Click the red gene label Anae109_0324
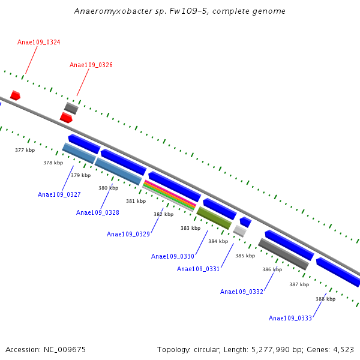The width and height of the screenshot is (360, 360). pyautogui.click(x=39, y=43)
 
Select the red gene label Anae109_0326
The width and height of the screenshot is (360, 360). pyautogui.click(x=91, y=65)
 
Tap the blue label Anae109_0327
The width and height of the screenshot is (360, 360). pyautogui.click(x=59, y=195)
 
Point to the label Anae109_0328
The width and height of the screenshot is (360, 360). pyautogui.click(x=98, y=213)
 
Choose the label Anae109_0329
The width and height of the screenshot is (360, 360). pyautogui.click(x=128, y=235)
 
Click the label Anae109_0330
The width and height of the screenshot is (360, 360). pyautogui.click(x=173, y=257)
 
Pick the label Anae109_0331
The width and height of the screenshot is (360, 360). pyautogui.click(x=199, y=269)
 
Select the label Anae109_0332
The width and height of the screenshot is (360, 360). pyautogui.click(x=242, y=292)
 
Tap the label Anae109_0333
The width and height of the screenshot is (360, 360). pyautogui.click(x=290, y=319)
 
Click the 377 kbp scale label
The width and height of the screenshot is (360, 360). pyautogui.click(x=25, y=151)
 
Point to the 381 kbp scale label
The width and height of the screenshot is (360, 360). pyautogui.click(x=136, y=202)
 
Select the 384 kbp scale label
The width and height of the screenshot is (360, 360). pyautogui.click(x=218, y=242)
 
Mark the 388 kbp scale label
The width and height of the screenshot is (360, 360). pyautogui.click(x=325, y=299)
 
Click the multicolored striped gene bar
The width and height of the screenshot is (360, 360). pyautogui.click(x=169, y=196)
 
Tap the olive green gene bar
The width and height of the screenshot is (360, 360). pyautogui.click(x=214, y=218)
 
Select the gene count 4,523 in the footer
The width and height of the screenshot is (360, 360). pyautogui.click(x=343, y=350)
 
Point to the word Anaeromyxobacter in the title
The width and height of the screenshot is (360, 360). pyautogui.click(x=107, y=11)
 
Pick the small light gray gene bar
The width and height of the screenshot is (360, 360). pyautogui.click(x=240, y=231)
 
